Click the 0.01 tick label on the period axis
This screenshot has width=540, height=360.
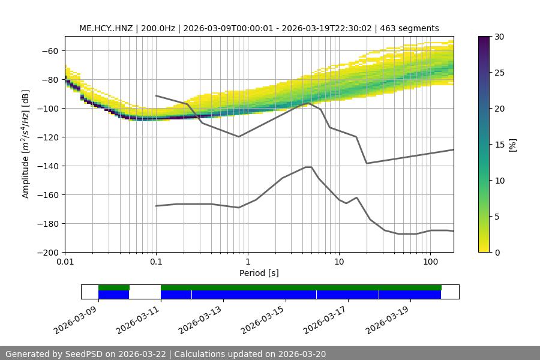pos(65,262)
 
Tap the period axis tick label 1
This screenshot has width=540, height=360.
pos(247,262)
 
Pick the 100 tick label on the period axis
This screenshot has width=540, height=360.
pos(430,262)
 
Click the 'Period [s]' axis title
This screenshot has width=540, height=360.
pos(259,273)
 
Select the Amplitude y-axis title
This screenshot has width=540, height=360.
pos(26,144)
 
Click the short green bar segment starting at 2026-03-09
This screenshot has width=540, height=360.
pos(114,287)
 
